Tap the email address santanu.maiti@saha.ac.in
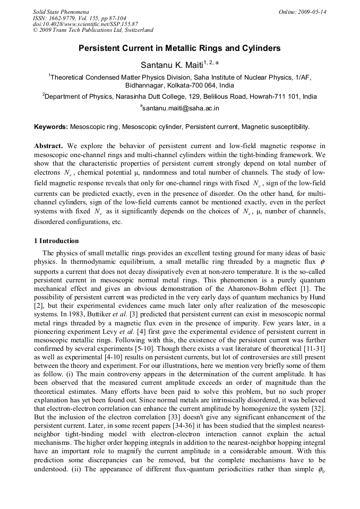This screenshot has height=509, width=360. point(181,108)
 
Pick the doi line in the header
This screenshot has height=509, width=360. point(85,24)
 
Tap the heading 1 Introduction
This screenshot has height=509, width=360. point(56,240)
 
